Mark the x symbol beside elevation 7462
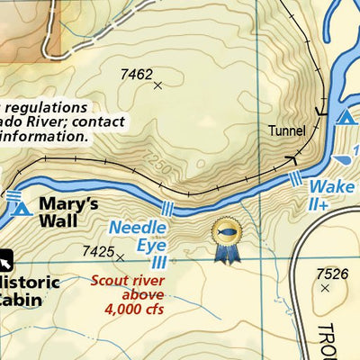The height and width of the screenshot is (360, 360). [x=158, y=85]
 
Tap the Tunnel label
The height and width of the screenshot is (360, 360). [x=287, y=130]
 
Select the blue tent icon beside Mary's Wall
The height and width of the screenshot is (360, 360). [x=23, y=210]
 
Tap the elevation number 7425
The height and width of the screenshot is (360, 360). [x=97, y=252]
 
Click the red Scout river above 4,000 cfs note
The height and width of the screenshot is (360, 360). [x=127, y=294]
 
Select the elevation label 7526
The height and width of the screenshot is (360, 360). [x=331, y=274]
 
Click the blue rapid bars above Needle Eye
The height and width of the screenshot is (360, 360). [x=166, y=209]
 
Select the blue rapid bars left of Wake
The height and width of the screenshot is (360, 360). [x=296, y=181]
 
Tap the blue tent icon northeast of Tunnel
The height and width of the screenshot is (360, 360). [x=344, y=116]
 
